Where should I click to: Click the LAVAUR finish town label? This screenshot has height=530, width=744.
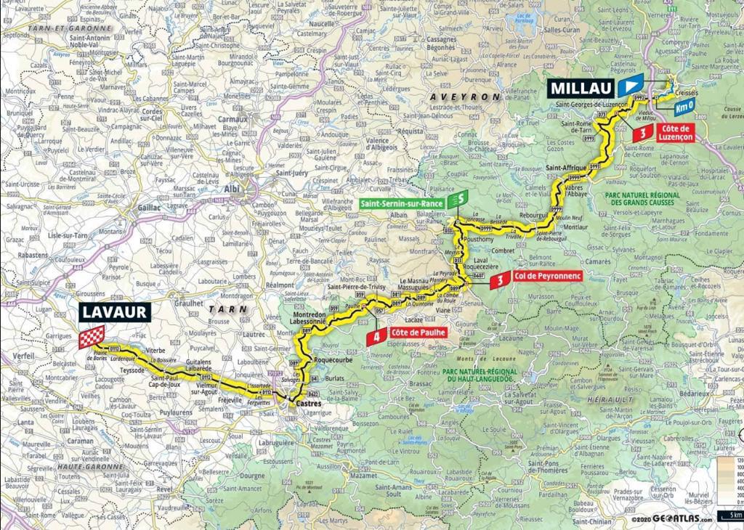[x=114, y=312]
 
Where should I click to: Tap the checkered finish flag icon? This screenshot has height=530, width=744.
[x=92, y=337]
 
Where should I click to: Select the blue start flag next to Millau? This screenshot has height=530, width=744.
[x=632, y=86]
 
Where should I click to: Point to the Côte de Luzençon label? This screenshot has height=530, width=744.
[x=673, y=131]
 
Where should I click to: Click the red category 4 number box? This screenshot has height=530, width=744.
[x=376, y=335]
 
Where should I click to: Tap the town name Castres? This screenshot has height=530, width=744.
[x=294, y=401]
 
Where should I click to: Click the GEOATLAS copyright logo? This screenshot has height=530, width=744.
[x=681, y=520]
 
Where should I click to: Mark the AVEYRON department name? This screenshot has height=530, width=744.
[x=465, y=97]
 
